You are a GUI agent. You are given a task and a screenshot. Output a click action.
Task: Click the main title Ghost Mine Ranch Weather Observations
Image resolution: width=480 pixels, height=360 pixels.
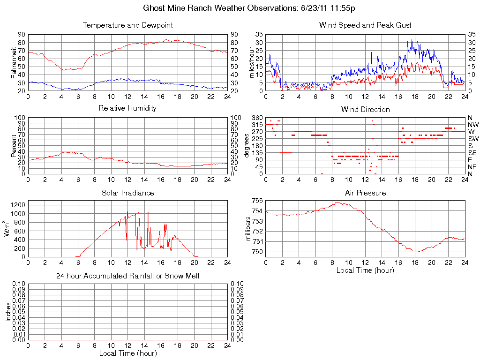(x=248, y=8)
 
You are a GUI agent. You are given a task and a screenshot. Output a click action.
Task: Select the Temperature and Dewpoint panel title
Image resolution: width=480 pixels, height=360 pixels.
(x=128, y=25)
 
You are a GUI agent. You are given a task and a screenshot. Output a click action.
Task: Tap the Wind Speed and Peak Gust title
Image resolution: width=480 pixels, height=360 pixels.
(x=365, y=25)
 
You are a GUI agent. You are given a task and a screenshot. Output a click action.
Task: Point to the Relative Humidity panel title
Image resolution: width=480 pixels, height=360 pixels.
(x=128, y=109)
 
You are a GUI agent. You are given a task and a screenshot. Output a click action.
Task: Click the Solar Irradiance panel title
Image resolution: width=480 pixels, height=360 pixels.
(x=128, y=193)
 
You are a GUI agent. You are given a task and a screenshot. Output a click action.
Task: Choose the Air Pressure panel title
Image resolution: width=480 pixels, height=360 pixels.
(x=365, y=193)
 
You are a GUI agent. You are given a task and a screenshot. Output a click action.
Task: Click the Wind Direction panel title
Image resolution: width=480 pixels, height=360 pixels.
(x=365, y=109)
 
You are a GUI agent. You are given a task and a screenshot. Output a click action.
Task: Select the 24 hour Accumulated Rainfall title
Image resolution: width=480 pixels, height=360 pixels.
(x=128, y=276)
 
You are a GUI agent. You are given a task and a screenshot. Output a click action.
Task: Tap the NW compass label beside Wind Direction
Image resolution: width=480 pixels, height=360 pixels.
(x=472, y=125)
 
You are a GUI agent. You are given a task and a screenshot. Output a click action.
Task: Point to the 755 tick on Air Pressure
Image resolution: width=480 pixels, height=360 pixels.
(x=256, y=201)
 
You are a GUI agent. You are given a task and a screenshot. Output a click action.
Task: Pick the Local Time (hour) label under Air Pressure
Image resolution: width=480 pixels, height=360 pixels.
(x=365, y=270)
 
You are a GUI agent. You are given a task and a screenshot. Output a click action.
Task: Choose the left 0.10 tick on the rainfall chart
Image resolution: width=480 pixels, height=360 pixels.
(x=19, y=284)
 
